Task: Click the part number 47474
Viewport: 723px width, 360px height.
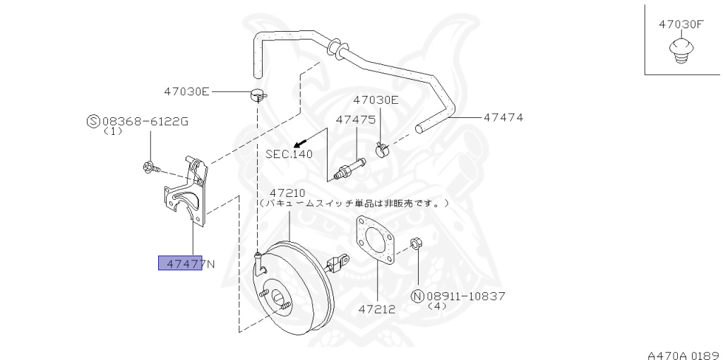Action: [x=503, y=117]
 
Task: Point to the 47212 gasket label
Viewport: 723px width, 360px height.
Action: [x=376, y=309]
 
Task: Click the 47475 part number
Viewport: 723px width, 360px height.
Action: [x=355, y=120]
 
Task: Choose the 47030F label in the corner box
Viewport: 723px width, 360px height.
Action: [x=681, y=24]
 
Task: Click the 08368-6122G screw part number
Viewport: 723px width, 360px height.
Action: [x=145, y=121]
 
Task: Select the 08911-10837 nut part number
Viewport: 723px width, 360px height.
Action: [x=466, y=296]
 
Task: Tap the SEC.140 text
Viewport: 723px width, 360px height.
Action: [x=289, y=153]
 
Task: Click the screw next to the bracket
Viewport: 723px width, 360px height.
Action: [x=150, y=167]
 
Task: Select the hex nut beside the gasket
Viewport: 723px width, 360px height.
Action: [x=417, y=244]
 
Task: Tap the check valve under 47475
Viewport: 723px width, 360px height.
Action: [x=351, y=168]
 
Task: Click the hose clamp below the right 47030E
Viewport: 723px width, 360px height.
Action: [x=383, y=149]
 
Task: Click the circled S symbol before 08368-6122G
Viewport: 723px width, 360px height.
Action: [x=92, y=121]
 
